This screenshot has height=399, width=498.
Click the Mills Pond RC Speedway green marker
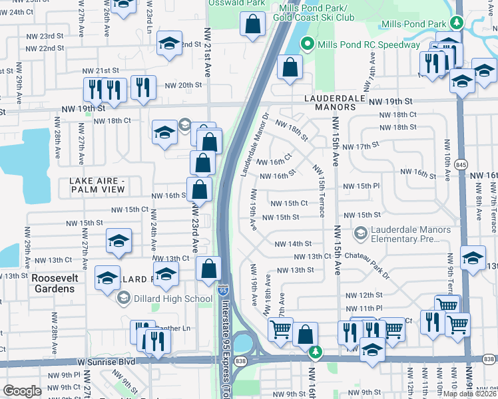tap(307, 45)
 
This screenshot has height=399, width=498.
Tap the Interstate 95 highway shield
tap(222, 291)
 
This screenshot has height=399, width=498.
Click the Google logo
tap(22, 391)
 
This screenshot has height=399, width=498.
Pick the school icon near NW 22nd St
tap(170, 44)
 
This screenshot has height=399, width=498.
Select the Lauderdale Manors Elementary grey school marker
tap(360, 233)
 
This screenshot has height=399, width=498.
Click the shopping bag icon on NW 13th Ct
tap(209, 269)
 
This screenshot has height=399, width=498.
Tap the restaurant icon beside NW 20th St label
tap(143, 87)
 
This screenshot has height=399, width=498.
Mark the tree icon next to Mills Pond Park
tap(456, 23)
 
